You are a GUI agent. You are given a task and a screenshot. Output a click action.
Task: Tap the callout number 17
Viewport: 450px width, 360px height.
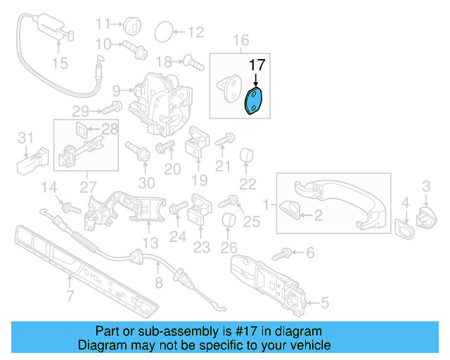coord(258,65)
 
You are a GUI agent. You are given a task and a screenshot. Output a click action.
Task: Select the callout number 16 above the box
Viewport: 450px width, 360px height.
coord(241,39)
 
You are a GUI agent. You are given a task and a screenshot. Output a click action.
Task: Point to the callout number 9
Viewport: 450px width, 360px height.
coord(116,90)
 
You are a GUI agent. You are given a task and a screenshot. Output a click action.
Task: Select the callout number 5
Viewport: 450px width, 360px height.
coord(324,304)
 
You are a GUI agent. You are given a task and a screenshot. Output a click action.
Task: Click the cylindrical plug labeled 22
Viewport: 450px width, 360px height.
coord(247,155)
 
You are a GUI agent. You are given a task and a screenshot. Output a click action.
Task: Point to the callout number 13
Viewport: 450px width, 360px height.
coord(150,243)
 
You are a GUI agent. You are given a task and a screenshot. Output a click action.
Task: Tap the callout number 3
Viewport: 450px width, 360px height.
coord(426,186)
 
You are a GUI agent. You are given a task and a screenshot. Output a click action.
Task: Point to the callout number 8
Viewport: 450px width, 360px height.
coord(158,283)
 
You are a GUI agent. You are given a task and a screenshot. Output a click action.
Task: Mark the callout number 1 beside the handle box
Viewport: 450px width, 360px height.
coord(266,205)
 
